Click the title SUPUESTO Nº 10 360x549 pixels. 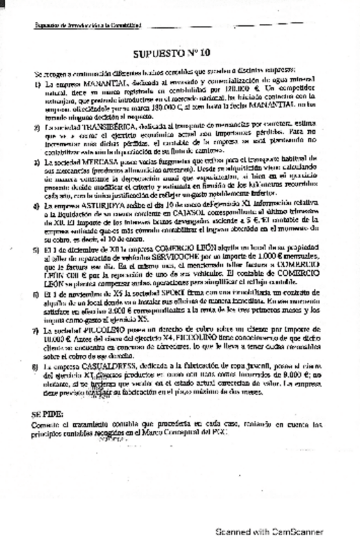[176, 54]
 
